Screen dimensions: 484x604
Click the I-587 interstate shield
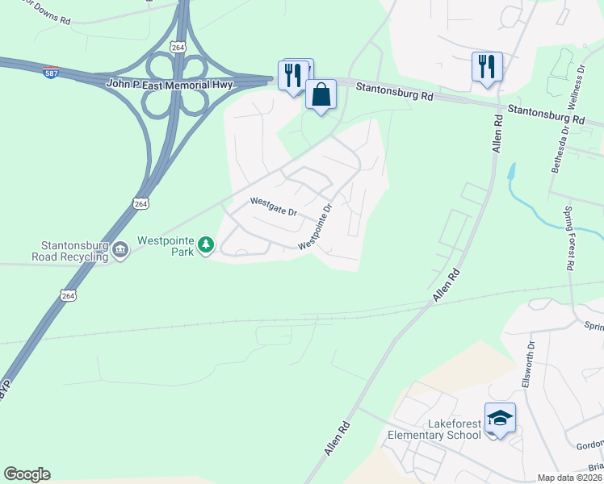tap(50, 71)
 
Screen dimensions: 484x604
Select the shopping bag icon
tap(321, 94)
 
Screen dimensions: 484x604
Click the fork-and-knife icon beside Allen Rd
tap(487, 67)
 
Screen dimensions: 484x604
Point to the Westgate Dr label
tap(273, 207)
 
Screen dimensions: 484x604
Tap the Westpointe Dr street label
tap(316, 225)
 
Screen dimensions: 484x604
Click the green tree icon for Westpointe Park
tap(206, 244)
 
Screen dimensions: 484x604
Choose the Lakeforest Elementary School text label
tap(434, 429)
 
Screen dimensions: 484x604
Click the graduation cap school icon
tap(500, 418)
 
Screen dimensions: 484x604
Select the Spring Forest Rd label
tap(568, 239)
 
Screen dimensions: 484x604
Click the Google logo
tap(27, 474)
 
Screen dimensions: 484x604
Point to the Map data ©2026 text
tap(569, 478)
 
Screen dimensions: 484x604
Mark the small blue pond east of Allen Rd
tap(510, 171)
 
